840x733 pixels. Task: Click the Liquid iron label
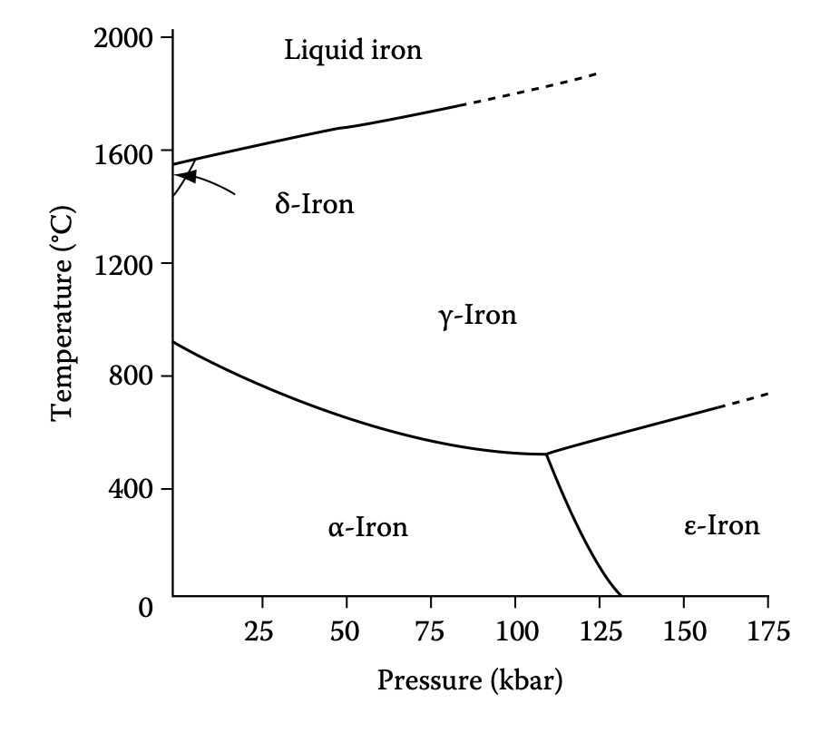pyautogui.click(x=353, y=49)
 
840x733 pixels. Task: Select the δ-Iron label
pyautogui.click(x=314, y=204)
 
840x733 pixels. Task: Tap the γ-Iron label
pyautogui.click(x=477, y=316)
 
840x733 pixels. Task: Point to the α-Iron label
pyautogui.click(x=367, y=526)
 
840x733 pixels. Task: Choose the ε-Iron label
pyautogui.click(x=721, y=525)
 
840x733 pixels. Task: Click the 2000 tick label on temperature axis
pyautogui.click(x=125, y=38)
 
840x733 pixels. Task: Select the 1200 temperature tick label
pyautogui.click(x=125, y=264)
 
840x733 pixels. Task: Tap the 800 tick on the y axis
pyautogui.click(x=131, y=376)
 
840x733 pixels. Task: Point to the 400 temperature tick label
pyautogui.click(x=131, y=489)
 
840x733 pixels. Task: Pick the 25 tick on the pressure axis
pyautogui.click(x=261, y=630)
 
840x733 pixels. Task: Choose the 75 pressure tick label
pyautogui.click(x=430, y=630)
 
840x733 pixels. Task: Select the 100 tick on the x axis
pyautogui.click(x=514, y=630)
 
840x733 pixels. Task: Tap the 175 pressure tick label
pyautogui.click(x=767, y=630)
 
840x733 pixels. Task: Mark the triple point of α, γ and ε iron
pyautogui.click(x=546, y=454)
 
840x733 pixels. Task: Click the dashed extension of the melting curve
pyautogui.click(x=532, y=89)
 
